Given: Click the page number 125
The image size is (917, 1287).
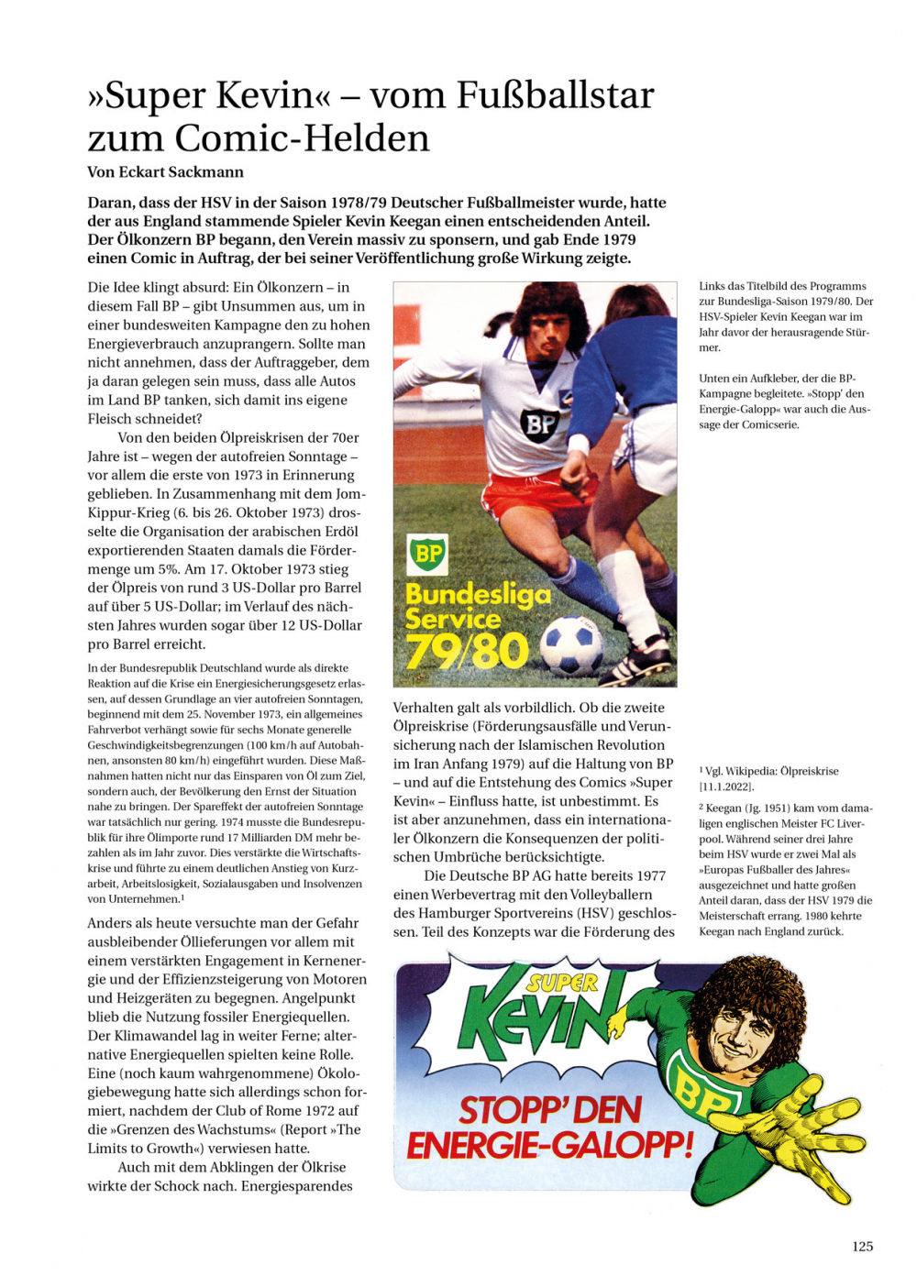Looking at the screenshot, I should [862, 1246].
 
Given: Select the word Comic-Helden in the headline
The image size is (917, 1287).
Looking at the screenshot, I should [302, 138].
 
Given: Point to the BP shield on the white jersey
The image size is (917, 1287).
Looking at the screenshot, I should [539, 423].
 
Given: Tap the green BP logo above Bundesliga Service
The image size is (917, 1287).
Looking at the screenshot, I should [427, 555].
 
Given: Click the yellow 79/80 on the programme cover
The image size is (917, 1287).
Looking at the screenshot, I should [468, 651].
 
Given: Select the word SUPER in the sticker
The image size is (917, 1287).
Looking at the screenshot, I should [561, 984].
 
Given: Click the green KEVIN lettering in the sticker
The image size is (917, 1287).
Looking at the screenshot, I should [541, 1017].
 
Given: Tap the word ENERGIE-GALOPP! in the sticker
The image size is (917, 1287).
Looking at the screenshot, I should [550, 1146].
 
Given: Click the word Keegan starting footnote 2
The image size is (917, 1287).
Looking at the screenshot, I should [724, 808].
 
